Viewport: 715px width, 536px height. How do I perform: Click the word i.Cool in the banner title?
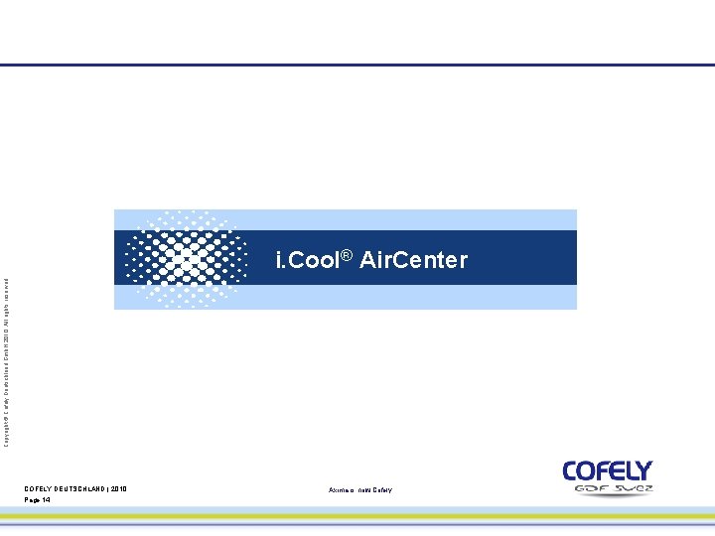307,260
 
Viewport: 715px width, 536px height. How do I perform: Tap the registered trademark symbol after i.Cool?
347,256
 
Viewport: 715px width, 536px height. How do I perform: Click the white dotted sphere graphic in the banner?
187,258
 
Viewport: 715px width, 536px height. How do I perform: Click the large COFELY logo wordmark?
607,470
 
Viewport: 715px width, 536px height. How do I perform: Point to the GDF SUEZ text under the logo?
611,488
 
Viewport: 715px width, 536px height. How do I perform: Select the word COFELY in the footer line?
39,489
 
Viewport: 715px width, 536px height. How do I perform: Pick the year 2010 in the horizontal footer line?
119,489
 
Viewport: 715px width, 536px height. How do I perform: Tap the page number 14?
46,500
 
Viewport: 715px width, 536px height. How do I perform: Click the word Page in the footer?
32,500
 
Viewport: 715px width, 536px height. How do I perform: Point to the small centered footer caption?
359,490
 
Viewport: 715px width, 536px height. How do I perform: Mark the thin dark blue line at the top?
357,66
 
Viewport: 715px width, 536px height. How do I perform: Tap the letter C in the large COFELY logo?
573,470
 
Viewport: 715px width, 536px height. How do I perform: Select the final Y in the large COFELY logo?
643,470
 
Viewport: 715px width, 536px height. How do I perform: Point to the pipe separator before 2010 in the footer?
109,489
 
